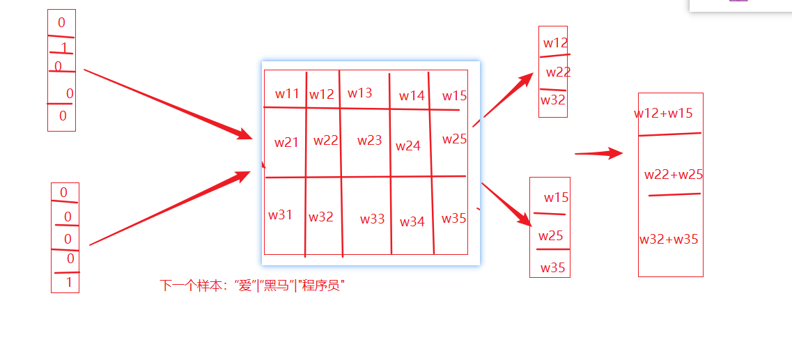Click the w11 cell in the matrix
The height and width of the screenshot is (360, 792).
tap(287, 94)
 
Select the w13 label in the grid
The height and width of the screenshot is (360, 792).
tap(360, 93)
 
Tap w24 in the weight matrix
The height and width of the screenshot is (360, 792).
tap(408, 146)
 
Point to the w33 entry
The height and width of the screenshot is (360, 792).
tap(373, 219)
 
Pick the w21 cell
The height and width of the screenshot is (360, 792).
tap(286, 143)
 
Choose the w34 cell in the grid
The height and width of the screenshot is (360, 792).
tap(412, 222)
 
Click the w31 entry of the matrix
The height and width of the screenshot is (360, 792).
tap(281, 215)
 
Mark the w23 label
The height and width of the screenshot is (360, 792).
tap(370, 141)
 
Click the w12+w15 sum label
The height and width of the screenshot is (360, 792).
tap(663, 114)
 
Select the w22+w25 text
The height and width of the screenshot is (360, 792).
tap(674, 175)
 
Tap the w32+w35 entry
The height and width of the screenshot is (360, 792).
tap(669, 240)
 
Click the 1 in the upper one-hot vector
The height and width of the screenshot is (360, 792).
tap(63, 48)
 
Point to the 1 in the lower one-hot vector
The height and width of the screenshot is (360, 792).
tap(68, 283)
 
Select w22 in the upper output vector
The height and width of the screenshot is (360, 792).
tap(559, 72)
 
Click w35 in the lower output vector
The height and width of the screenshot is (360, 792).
tap(553, 268)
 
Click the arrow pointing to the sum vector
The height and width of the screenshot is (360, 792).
tap(599, 154)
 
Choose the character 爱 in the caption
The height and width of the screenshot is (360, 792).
tap(244, 285)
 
